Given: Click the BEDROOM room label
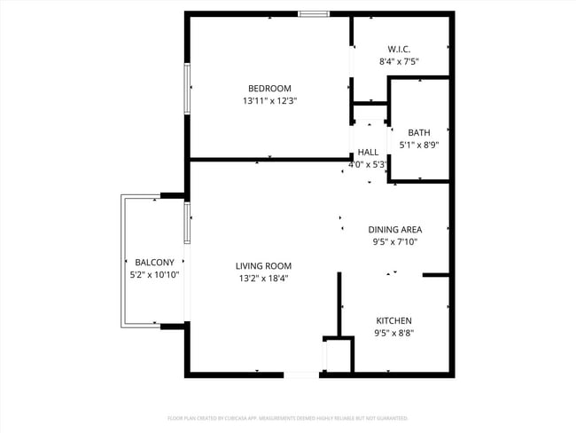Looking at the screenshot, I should (269, 88).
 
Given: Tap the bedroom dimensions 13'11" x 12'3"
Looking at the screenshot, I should (269, 101).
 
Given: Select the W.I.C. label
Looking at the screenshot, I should (399, 49).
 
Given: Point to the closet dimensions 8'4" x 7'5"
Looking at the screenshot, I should (399, 62).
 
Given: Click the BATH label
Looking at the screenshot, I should (419, 132).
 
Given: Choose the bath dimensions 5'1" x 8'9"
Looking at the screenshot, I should (419, 145).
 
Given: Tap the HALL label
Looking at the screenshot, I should (368, 152).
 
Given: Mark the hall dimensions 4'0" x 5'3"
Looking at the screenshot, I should (368, 164).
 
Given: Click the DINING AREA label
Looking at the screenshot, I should (394, 229).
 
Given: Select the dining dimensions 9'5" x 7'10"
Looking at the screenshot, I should (394, 242).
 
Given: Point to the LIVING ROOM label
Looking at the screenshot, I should (263, 265).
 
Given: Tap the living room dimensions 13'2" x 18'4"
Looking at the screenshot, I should (263, 279).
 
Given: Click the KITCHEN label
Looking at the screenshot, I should (393, 320).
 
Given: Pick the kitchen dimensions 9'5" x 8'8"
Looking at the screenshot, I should (393, 334).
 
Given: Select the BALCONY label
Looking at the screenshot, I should (154, 262).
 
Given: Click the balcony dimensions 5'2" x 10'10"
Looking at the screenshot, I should (154, 275).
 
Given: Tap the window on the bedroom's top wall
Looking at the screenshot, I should (314, 13).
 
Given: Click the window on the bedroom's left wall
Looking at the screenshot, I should (187, 88).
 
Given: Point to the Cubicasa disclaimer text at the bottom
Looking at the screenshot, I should (287, 417).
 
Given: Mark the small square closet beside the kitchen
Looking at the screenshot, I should (339, 355).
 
